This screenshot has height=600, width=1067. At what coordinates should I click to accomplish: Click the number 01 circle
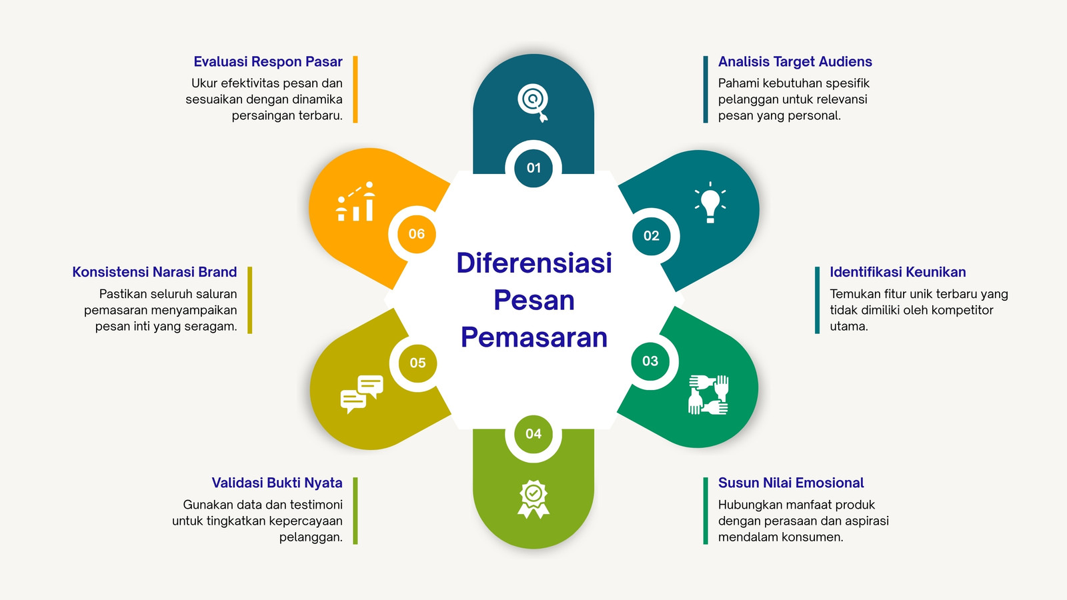[533, 167]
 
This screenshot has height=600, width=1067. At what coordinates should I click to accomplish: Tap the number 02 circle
[651, 236]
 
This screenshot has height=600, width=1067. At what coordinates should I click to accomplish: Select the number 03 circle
[650, 361]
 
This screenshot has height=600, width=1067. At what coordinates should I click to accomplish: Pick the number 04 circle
[533, 434]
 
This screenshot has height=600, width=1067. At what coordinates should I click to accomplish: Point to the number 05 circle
[417, 363]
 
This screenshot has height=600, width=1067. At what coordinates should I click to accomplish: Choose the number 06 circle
[417, 234]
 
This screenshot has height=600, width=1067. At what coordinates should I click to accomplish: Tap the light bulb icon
[710, 203]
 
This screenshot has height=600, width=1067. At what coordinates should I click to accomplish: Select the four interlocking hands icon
[709, 395]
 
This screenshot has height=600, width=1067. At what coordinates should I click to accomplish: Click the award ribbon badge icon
[533, 499]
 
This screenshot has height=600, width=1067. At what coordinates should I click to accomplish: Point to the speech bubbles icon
[362, 394]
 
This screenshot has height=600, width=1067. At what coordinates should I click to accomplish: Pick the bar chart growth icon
[356, 201]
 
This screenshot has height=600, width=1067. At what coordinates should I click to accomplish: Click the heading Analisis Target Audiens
[795, 61]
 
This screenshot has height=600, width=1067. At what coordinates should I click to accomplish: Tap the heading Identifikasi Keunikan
[898, 272]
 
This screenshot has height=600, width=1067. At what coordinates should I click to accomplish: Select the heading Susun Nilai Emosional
[791, 483]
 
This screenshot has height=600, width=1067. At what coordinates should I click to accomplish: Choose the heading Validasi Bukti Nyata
[277, 483]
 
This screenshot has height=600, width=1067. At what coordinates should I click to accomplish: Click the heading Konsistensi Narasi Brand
[154, 272]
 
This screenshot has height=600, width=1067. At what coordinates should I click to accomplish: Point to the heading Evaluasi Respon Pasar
[267, 61]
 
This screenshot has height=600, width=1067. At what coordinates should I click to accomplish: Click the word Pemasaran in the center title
[534, 337]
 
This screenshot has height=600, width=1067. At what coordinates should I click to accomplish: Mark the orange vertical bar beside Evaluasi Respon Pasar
[355, 89]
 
